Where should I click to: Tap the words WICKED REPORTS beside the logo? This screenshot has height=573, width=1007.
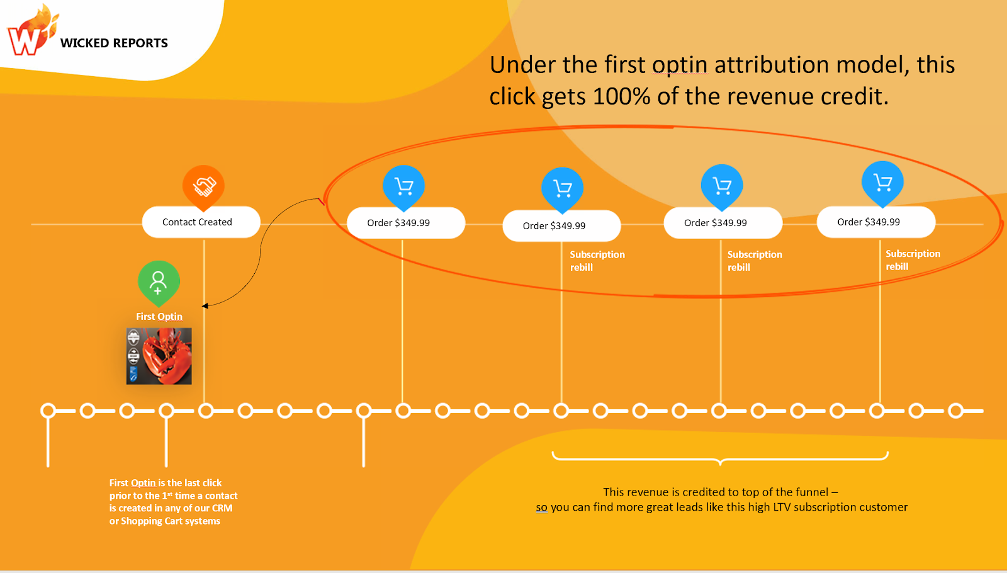click(x=114, y=43)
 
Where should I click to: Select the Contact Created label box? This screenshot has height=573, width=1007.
click(x=201, y=222)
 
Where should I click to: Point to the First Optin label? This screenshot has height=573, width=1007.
click(x=159, y=317)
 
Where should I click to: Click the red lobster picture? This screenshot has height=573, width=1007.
click(x=159, y=356)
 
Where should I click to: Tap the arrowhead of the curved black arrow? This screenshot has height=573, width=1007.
click(x=205, y=306)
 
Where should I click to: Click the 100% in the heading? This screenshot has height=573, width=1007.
click(x=621, y=96)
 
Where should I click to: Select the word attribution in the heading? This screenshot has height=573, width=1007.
click(x=772, y=65)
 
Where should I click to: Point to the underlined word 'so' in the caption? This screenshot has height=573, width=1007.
click(x=541, y=508)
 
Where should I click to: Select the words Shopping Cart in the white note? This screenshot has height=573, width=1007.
click(x=171, y=521)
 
